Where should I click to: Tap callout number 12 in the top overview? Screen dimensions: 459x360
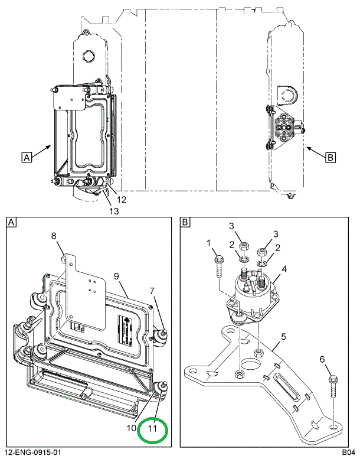(x=120, y=200)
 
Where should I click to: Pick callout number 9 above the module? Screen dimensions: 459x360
(x=117, y=276)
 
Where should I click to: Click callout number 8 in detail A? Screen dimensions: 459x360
(x=53, y=236)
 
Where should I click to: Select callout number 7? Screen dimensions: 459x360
(x=152, y=290)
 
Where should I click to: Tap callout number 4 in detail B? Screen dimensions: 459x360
(x=284, y=269)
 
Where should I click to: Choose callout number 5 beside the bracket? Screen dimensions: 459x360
(x=284, y=337)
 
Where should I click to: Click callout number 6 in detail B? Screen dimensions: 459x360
(x=322, y=359)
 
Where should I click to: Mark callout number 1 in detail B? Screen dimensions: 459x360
(x=208, y=242)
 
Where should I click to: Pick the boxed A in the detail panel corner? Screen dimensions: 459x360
(x=12, y=222)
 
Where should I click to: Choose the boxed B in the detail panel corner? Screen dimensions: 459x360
(x=185, y=222)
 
